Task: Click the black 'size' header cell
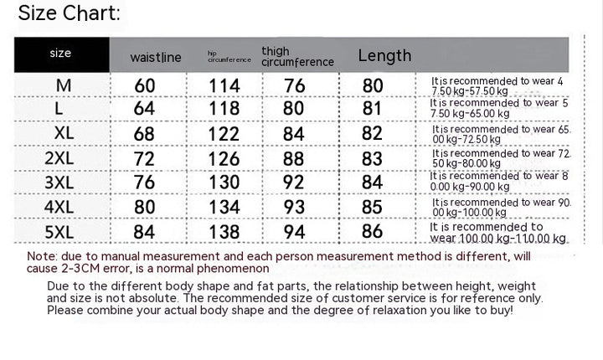pyautogui.click(x=60, y=54)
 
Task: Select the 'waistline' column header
pyautogui.click(x=156, y=58)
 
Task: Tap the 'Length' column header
pyautogui.click(x=384, y=56)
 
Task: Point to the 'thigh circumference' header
pyautogui.click(x=297, y=57)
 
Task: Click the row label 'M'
pyautogui.click(x=64, y=85)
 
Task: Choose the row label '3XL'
pyautogui.click(x=64, y=183)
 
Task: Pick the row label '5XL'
pyautogui.click(x=64, y=232)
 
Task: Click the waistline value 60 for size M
pyautogui.click(x=145, y=85)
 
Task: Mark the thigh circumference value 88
pyautogui.click(x=294, y=158)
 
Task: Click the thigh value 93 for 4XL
pyautogui.click(x=294, y=207)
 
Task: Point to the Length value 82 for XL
pyautogui.click(x=372, y=134)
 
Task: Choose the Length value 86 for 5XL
pyautogui.click(x=372, y=232)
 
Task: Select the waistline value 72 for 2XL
pyautogui.click(x=145, y=158)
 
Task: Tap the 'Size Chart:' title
pyautogui.click(x=69, y=13)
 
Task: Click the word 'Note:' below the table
pyautogui.click(x=42, y=256)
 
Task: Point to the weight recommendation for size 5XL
pyautogui.click(x=498, y=233)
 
